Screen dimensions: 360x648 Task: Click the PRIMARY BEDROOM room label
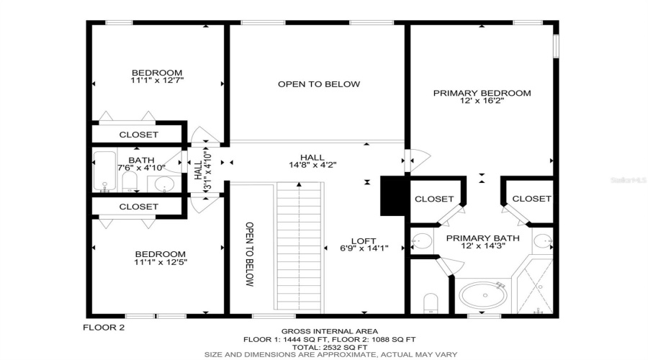481,93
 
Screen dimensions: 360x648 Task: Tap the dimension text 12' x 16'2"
481,102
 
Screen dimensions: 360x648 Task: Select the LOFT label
364,241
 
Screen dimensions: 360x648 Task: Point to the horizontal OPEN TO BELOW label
318,84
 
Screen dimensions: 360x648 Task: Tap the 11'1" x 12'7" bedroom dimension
157,81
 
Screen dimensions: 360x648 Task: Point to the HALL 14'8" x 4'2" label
312,161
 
